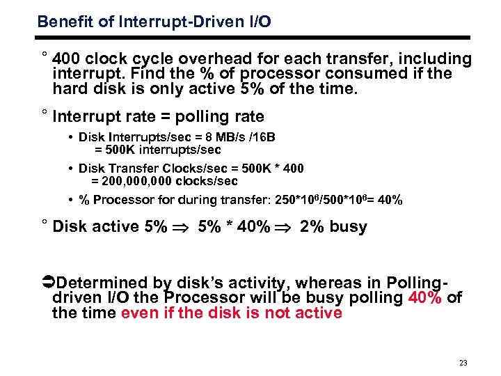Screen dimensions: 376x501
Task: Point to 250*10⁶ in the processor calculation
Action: coord(277,201)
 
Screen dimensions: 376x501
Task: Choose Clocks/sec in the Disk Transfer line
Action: coord(191,169)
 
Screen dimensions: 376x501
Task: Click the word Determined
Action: coord(102,283)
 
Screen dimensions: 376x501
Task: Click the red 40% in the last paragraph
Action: coord(424,298)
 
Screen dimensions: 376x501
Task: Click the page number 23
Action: coord(464,363)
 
